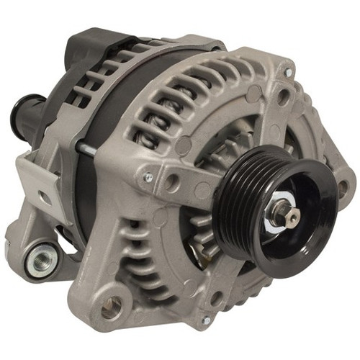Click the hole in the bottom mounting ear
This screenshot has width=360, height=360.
pyautogui.click(x=112, y=308)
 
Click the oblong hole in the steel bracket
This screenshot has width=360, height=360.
pyautogui.click(x=45, y=197)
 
